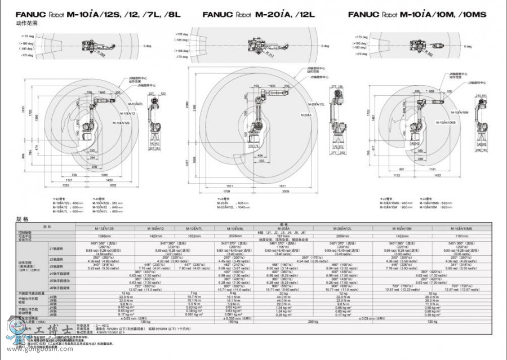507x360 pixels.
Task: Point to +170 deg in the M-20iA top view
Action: click(x=181, y=34)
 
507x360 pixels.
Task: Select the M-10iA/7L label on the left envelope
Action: click(x=135, y=105)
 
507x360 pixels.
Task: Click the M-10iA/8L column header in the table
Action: click(x=235, y=228)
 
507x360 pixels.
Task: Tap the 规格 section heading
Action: click(x=22, y=218)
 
